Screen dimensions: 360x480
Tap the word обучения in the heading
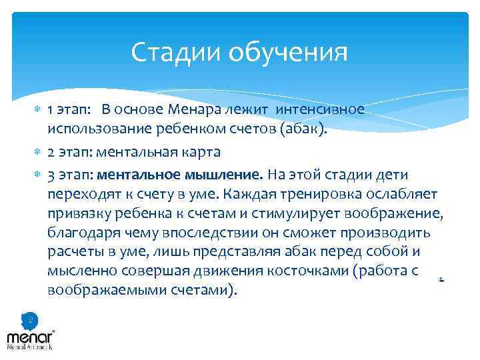click(288, 52)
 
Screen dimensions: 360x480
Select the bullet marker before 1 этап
click(37, 110)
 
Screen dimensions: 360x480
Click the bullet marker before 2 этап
click(37, 152)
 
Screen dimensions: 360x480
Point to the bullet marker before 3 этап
click(37, 175)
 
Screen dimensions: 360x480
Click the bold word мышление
click(225, 175)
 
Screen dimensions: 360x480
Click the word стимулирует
click(289, 213)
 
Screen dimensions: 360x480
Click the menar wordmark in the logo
click(29, 336)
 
